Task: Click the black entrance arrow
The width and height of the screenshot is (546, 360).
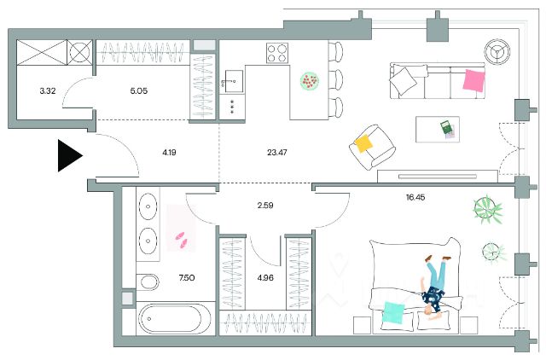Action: click(70, 155)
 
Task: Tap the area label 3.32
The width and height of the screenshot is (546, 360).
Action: click(48, 91)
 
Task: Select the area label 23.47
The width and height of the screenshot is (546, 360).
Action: click(277, 152)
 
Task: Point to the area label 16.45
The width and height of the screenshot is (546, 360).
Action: click(415, 197)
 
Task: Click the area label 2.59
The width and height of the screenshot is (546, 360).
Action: click(265, 206)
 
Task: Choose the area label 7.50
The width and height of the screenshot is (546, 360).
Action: click(187, 278)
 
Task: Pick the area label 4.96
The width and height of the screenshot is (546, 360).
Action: click(265, 278)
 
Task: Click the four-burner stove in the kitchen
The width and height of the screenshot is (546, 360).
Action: click(277, 53)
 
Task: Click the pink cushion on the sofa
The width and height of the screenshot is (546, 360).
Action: click(474, 80)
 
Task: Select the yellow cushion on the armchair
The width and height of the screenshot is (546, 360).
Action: click(363, 143)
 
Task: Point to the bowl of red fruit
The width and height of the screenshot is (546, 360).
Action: click(310, 81)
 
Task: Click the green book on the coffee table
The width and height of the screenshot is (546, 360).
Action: click(445, 127)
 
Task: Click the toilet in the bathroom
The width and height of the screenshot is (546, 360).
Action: click(148, 282)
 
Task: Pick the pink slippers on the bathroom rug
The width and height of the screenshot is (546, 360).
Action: click(182, 240)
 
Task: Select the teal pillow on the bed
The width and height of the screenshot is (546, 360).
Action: click(393, 312)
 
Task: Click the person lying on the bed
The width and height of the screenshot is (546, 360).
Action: click(434, 287)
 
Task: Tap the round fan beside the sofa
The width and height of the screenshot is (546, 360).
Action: click(497, 52)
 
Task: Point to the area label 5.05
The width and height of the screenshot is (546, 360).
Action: click(139, 91)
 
